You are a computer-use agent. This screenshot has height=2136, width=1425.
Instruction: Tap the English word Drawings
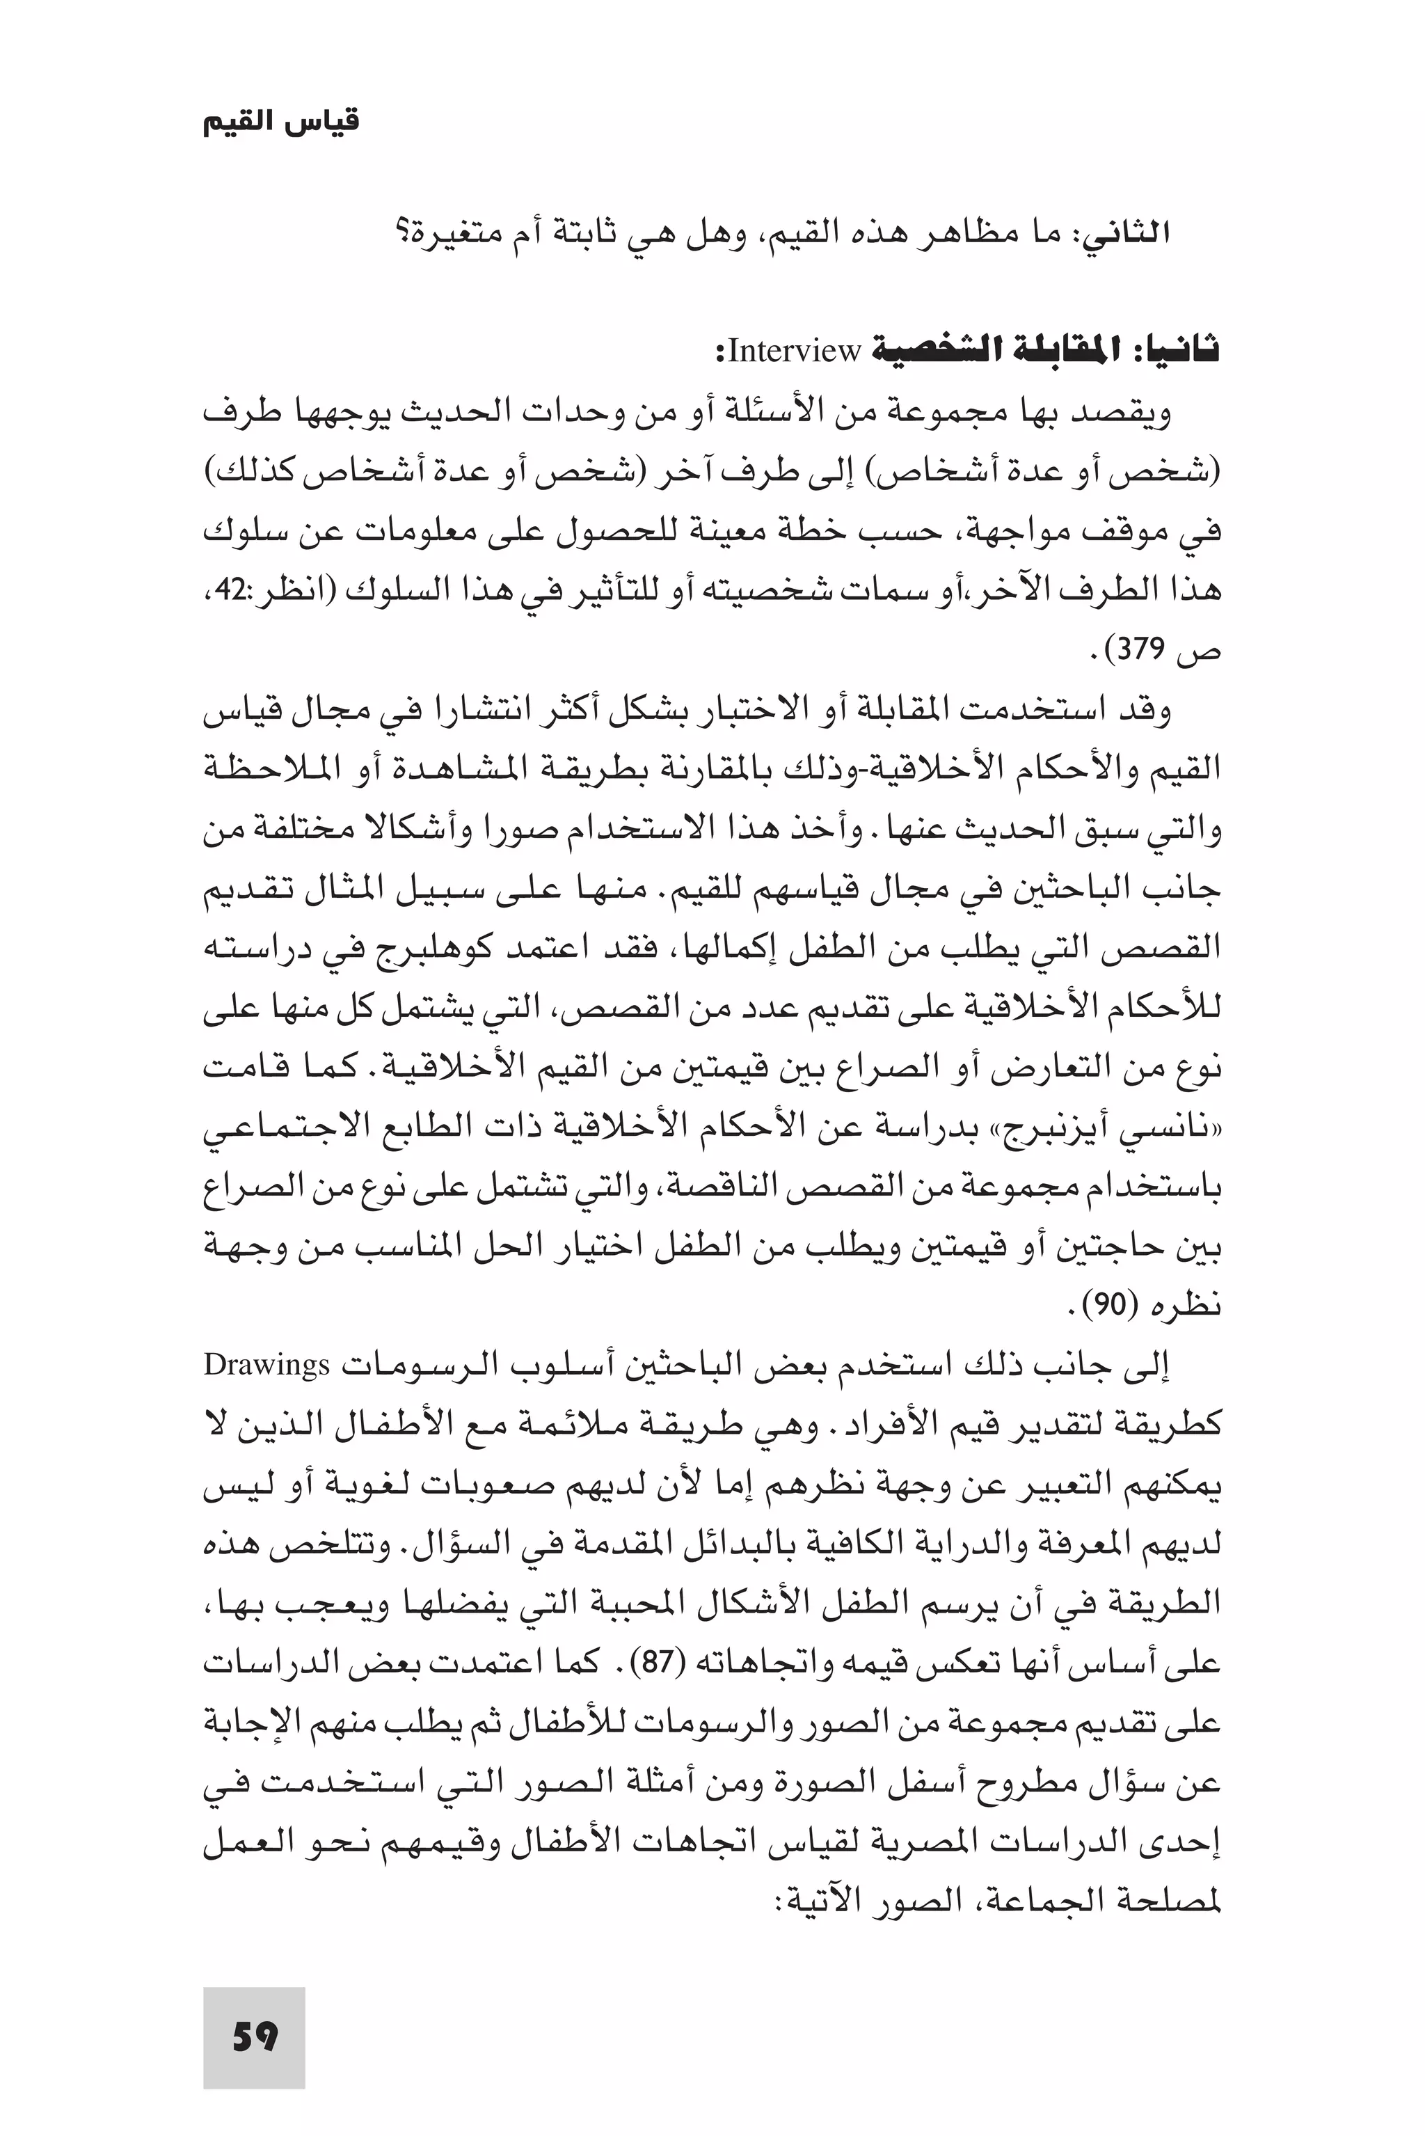pyautogui.click(x=266, y=1366)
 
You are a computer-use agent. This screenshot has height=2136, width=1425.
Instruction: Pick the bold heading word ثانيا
pyautogui.click(x=1181, y=351)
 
